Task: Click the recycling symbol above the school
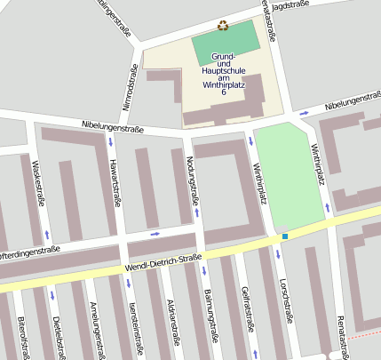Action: (223, 26)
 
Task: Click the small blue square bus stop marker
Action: (285, 236)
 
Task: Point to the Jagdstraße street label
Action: (290, 5)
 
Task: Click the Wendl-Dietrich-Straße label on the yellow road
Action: (151, 265)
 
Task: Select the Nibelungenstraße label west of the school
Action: (112, 128)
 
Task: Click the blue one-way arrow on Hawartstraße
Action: (110, 142)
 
